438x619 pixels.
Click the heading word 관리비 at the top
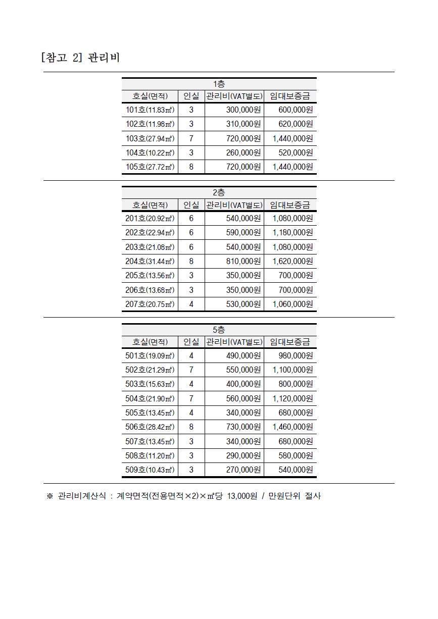[x=104, y=57]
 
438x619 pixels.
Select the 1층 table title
[x=219, y=84]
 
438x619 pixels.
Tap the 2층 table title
[x=219, y=192]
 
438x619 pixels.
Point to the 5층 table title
[x=219, y=330]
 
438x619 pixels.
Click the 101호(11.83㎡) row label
[x=150, y=110]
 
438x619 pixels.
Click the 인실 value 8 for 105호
[x=191, y=167]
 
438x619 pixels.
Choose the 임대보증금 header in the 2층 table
[x=290, y=204]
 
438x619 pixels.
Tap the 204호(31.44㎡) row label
[x=150, y=262]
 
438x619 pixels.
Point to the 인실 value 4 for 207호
[x=191, y=304]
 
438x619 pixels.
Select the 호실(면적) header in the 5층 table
[x=150, y=342]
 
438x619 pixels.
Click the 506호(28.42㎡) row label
[x=150, y=427]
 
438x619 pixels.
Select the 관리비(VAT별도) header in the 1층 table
[x=234, y=96]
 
